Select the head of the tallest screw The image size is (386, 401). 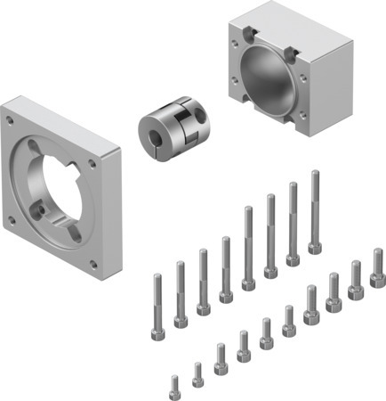314,247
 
